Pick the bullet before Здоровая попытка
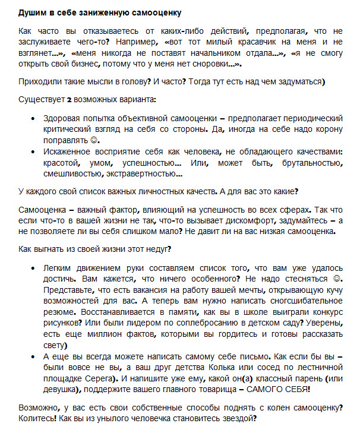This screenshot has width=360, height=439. click(31, 119)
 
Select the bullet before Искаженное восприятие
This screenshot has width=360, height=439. click(31, 151)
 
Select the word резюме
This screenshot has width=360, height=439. click(59, 312)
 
